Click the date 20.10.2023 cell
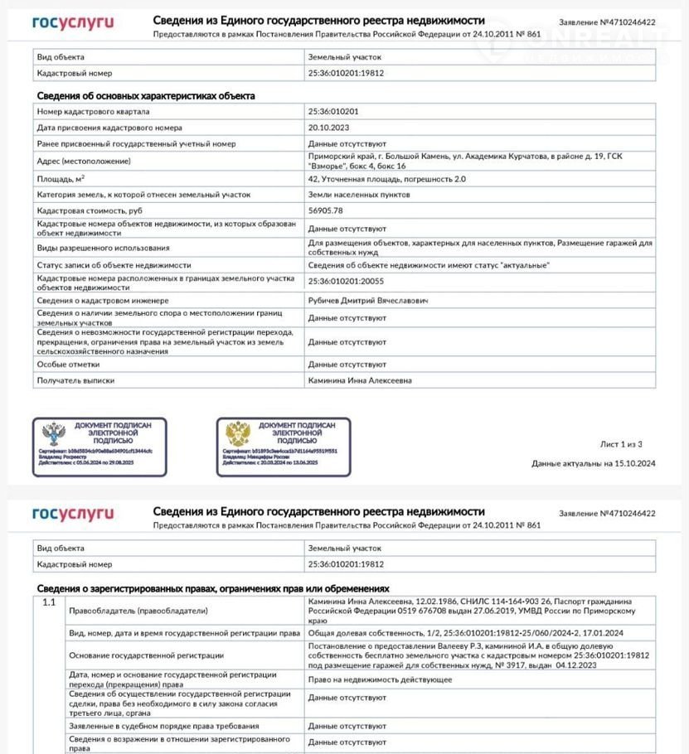pos(328,128)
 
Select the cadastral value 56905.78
pos(327,210)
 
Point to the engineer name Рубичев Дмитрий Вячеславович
pos(358,299)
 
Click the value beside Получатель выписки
pos(360,380)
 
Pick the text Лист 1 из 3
pos(620,444)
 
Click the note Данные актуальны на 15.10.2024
pos(593,463)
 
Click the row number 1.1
pos(49,602)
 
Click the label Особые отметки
pos(68,364)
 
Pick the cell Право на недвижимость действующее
pos(380,679)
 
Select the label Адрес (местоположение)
pos(84,161)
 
